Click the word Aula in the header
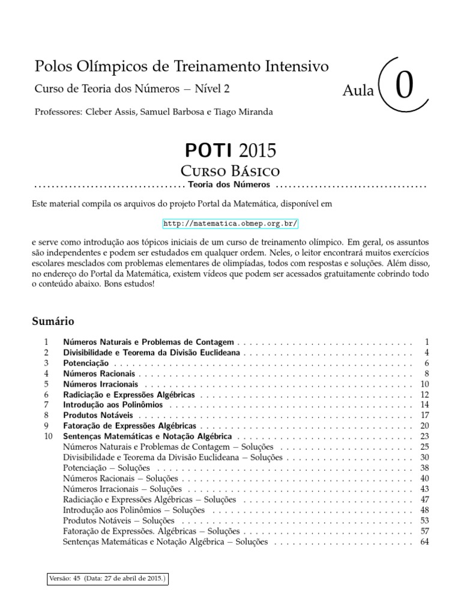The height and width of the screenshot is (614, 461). coord(358,91)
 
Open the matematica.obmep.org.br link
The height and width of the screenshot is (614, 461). coord(230,224)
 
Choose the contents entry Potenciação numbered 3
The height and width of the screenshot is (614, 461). coord(86,363)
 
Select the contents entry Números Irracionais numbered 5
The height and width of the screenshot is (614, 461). coord(100,384)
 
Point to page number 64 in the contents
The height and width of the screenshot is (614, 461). coord(425,542)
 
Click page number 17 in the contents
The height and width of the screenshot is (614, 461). coord(425,415)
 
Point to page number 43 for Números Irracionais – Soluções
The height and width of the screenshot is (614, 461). coord(425,489)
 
